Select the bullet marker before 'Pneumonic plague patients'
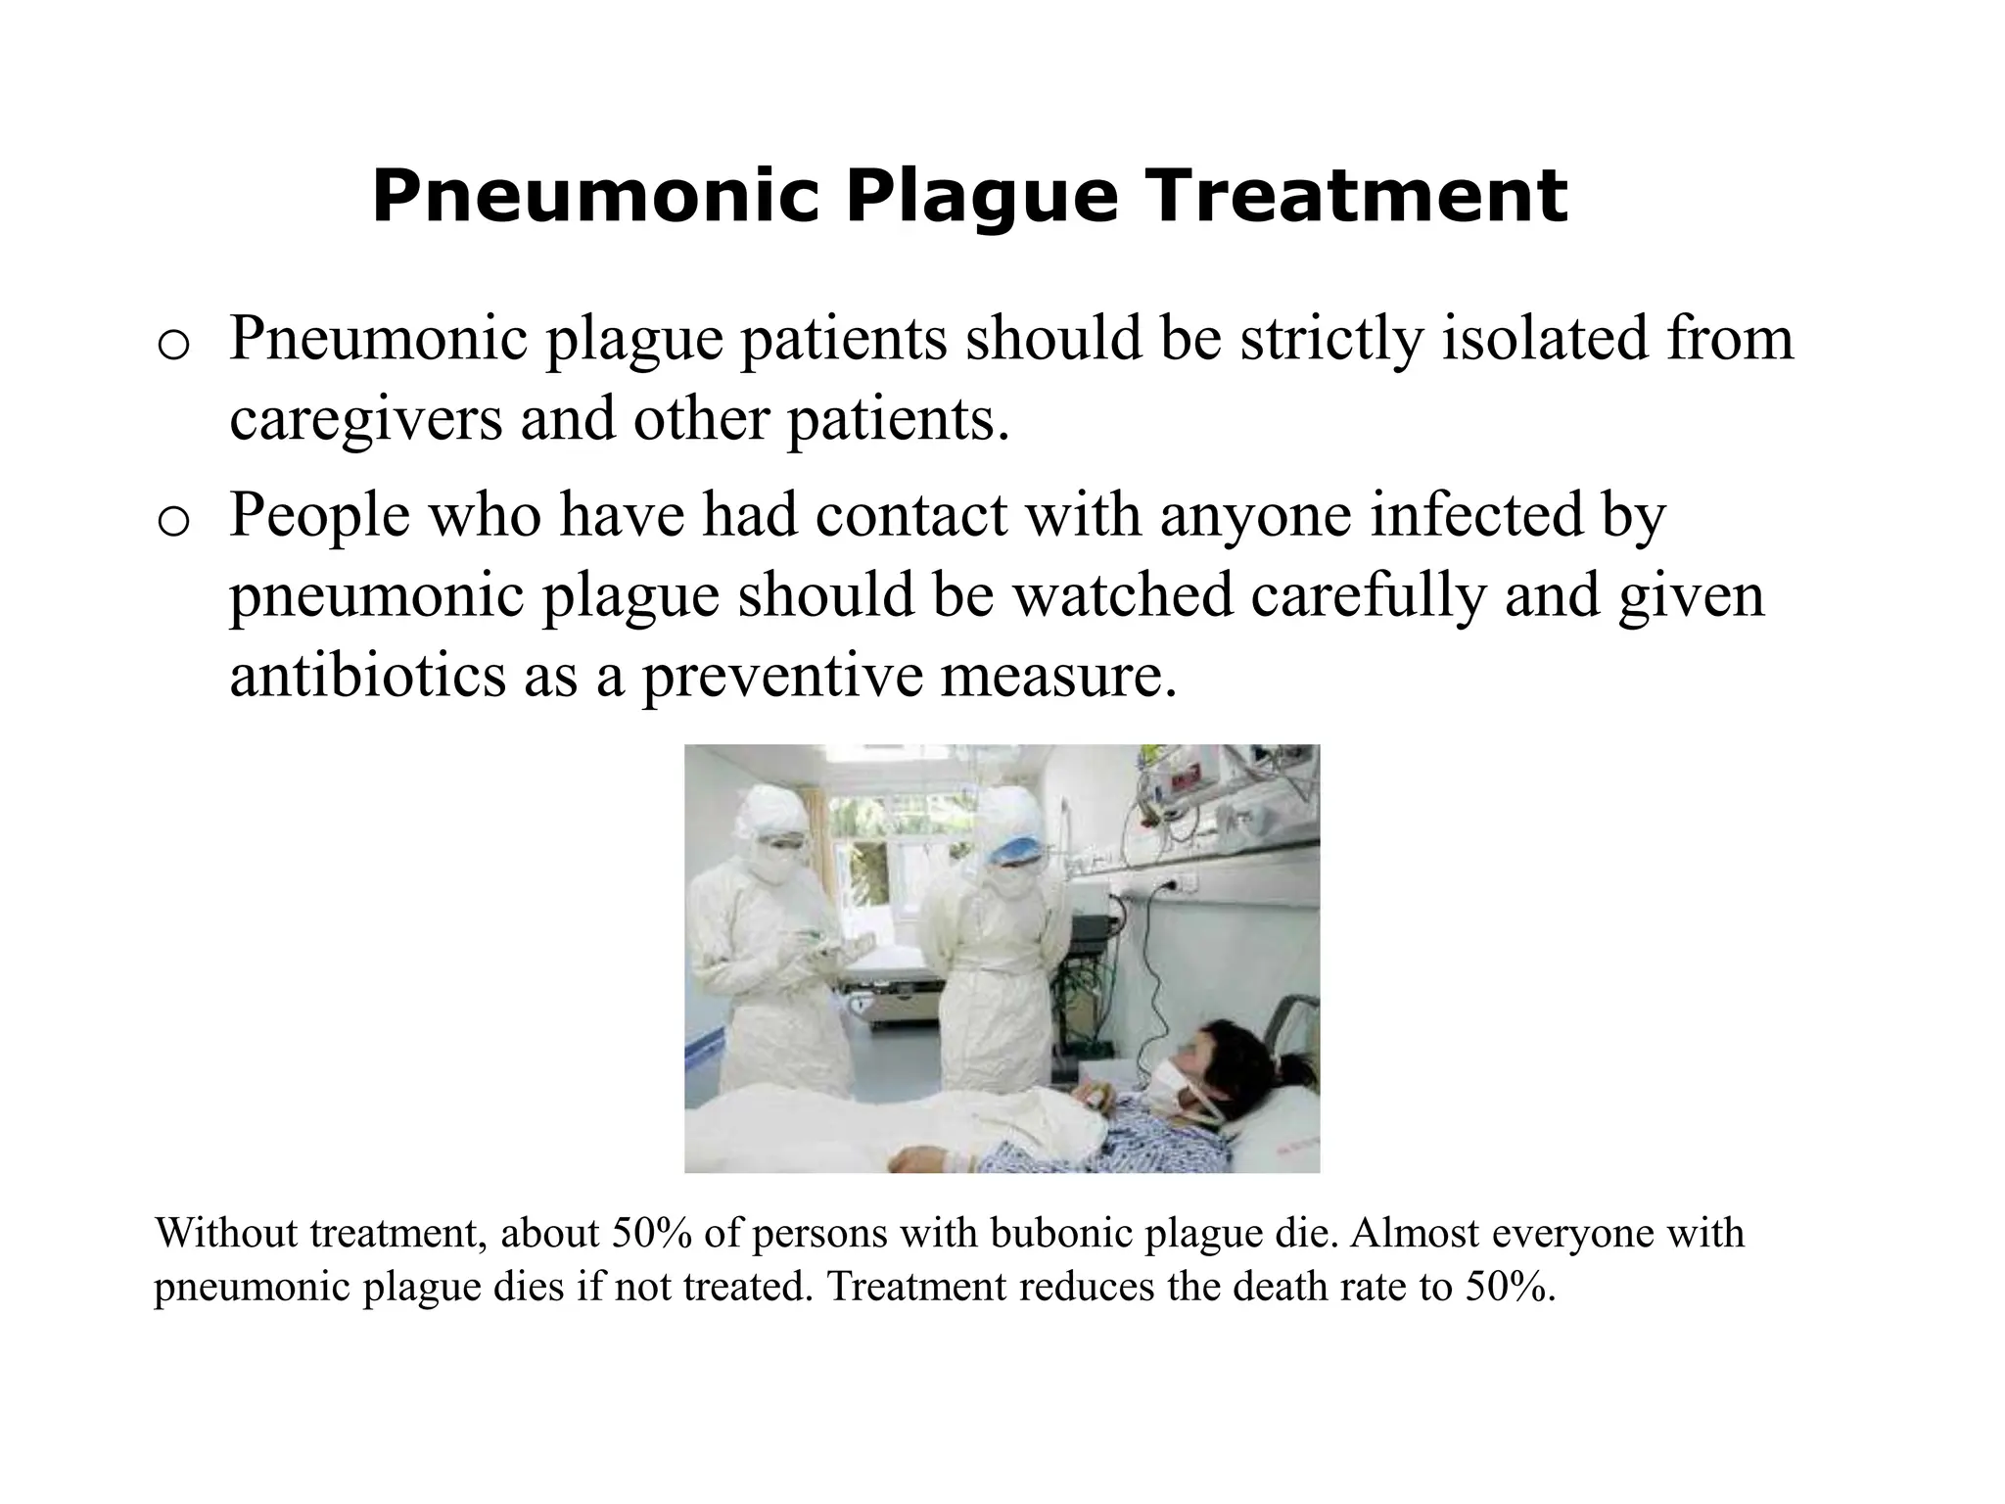(171, 346)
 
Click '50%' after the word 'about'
(652, 1233)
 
